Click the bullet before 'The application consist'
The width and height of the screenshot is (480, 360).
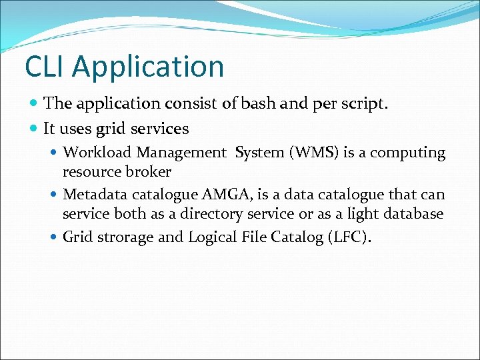(35, 103)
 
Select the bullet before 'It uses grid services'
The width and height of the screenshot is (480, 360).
(35, 128)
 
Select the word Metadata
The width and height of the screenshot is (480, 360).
(92, 195)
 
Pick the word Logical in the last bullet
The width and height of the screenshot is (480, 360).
(213, 237)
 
